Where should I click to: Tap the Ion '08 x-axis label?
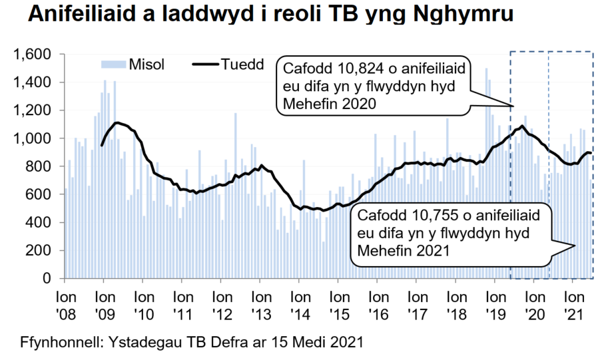pyautogui.click(x=65, y=301)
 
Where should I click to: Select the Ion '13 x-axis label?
pyautogui.click(x=260, y=301)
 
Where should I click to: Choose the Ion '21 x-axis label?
pyautogui.click(x=573, y=301)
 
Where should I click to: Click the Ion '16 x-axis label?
pyautogui.click(x=378, y=301)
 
